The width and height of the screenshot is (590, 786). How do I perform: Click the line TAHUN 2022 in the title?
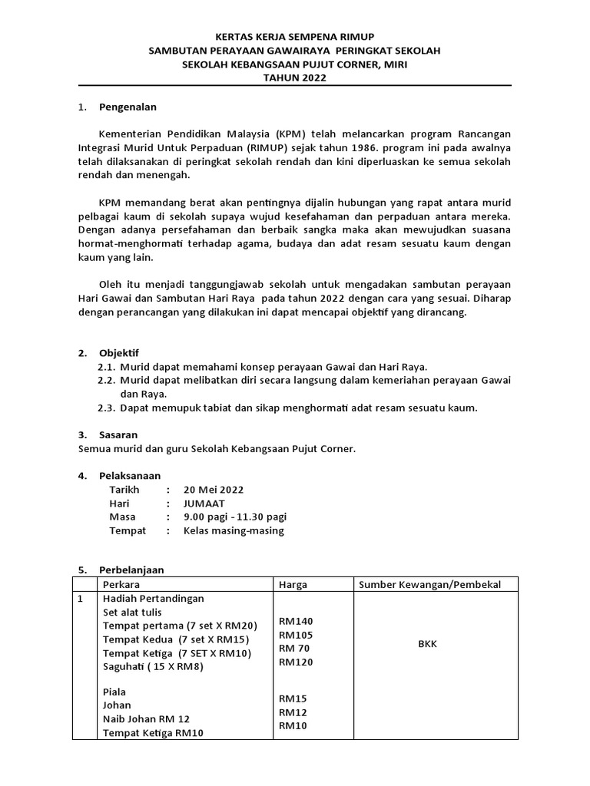295,78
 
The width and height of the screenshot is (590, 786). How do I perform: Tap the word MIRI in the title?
393,64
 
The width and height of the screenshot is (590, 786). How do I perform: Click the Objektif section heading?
119,353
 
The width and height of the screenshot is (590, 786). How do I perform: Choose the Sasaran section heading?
118,434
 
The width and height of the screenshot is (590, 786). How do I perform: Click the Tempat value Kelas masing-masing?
234,530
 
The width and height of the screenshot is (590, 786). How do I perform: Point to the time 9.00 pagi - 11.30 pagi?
234,517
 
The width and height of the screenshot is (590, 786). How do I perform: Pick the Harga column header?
293,585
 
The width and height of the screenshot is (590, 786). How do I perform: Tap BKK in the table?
427,644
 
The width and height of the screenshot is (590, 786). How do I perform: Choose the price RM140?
296,621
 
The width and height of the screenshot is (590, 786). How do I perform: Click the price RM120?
296,662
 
